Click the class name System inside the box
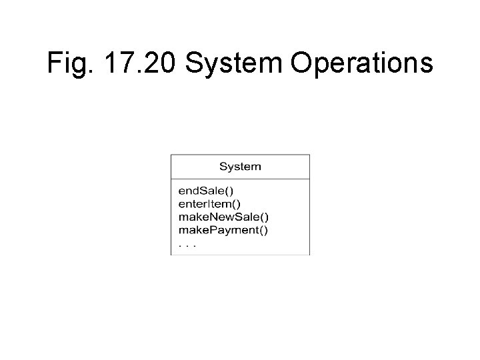(x=240, y=167)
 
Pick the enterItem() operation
(x=210, y=203)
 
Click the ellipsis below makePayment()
(x=187, y=245)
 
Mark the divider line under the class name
(x=240, y=179)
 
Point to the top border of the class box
(x=240, y=155)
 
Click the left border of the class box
(x=171, y=207)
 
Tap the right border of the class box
(x=310, y=207)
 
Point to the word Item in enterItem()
(x=220, y=203)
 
